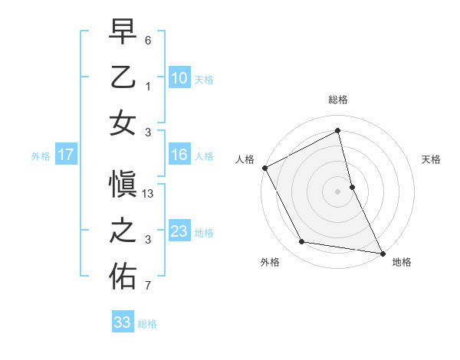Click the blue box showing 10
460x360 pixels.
[179, 77]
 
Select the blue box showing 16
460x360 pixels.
[179, 155]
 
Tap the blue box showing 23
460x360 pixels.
[179, 231]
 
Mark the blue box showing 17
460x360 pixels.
[65, 155]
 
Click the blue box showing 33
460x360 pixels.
[122, 322]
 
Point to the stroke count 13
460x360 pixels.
[149, 194]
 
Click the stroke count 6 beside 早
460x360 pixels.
[149, 39]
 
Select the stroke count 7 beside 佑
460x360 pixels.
[149, 286]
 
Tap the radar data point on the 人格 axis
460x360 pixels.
[264, 168]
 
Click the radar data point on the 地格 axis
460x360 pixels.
[381, 253]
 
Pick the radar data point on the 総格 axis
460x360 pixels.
[338, 131]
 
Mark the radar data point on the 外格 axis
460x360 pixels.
[302, 242]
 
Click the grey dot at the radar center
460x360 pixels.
[338, 191]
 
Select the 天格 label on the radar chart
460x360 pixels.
[431, 159]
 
